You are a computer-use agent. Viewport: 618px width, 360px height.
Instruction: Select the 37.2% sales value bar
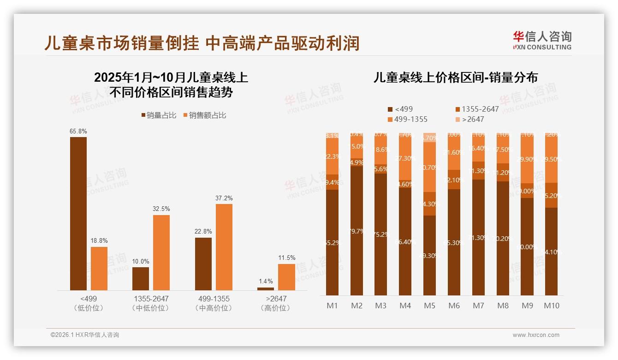click(224, 247)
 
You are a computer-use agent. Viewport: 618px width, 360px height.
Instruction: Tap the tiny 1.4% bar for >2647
click(266, 289)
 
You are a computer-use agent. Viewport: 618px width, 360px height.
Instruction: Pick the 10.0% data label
click(141, 261)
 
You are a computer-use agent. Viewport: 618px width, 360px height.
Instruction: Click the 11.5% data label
click(286, 258)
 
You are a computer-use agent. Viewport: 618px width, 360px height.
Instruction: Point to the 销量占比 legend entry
click(159, 115)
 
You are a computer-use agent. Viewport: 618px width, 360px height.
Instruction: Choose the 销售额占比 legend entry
click(204, 115)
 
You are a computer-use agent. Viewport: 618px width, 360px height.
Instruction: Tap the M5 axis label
click(429, 306)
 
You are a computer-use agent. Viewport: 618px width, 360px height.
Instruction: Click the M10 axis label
click(551, 306)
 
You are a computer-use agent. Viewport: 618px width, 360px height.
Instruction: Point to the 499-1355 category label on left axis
click(213, 299)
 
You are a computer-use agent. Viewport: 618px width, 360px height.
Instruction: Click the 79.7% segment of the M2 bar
click(357, 231)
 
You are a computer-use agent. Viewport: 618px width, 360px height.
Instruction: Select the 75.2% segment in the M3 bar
click(380, 234)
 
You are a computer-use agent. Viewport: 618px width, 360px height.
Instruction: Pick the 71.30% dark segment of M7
click(478, 237)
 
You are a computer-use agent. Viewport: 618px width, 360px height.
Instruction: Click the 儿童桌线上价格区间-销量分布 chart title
click(455, 78)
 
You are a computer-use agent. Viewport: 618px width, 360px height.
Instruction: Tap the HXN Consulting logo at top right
click(542, 40)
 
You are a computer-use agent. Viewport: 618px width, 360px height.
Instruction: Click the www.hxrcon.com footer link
click(535, 335)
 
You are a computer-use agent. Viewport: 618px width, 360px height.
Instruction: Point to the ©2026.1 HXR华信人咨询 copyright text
click(85, 335)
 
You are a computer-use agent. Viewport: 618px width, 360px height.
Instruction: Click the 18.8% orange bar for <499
click(99, 268)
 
